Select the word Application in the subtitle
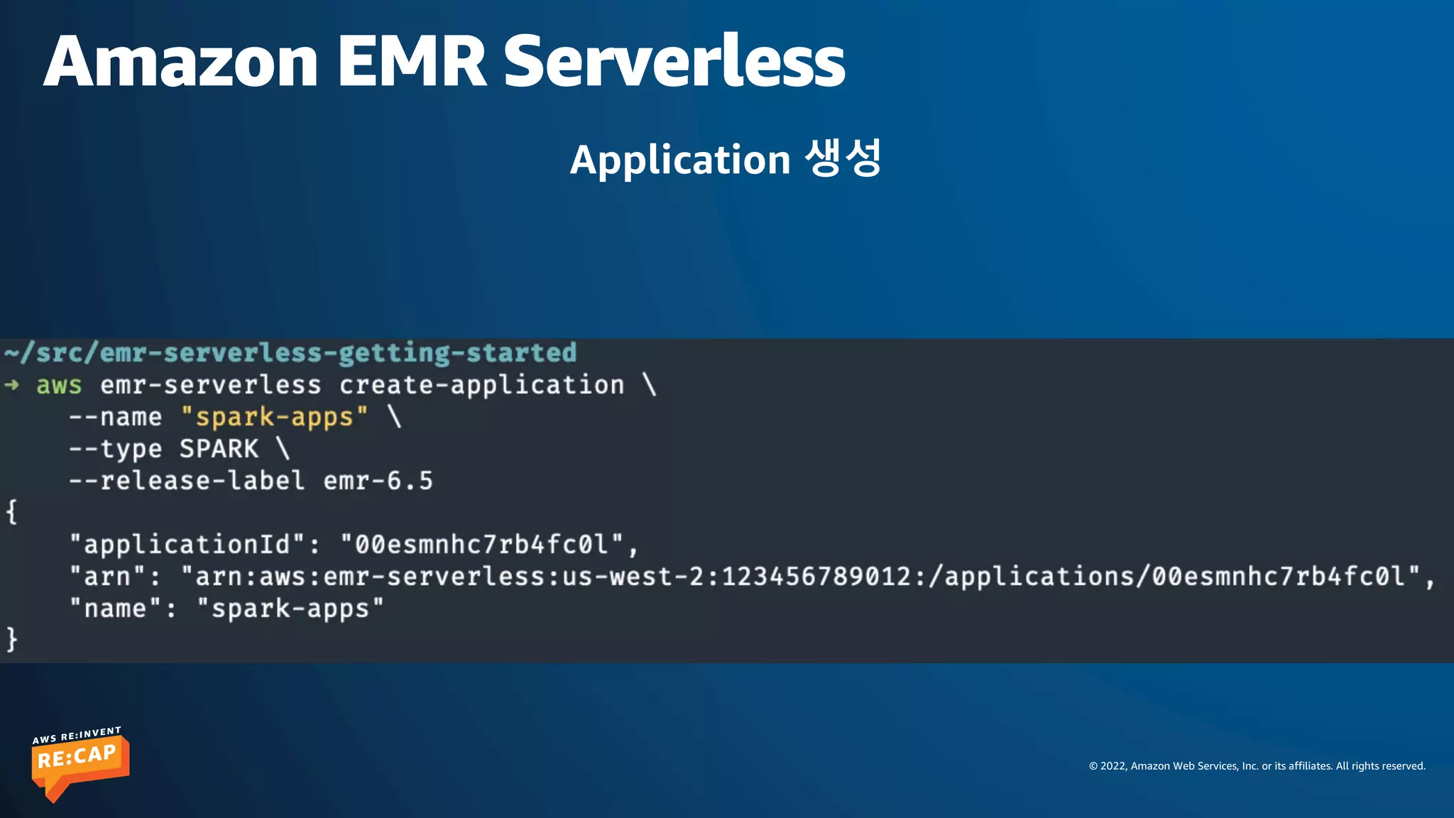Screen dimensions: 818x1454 click(680, 160)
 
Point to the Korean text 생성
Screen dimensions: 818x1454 click(843, 158)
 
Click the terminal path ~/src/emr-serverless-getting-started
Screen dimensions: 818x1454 click(290, 353)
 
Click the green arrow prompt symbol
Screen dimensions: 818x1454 click(12, 385)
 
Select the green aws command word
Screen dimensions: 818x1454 click(59, 386)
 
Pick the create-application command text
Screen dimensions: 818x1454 click(481, 386)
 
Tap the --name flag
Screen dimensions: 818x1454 click(115, 417)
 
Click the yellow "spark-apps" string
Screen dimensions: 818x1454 click(274, 417)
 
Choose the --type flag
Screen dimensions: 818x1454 click(115, 449)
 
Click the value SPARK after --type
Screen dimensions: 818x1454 click(219, 449)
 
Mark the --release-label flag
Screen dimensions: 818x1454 click(187, 481)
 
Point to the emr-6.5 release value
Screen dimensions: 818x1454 click(378, 481)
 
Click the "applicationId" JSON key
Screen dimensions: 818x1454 click(187, 545)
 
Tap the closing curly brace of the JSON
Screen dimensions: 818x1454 click(11, 639)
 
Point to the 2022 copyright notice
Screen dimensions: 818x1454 click(1257, 766)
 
